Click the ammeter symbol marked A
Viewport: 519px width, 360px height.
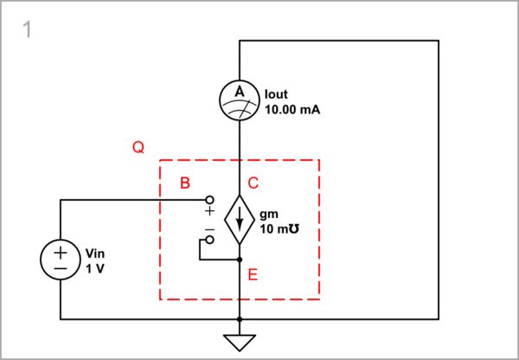pyautogui.click(x=240, y=100)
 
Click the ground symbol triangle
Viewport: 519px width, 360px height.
pyautogui.click(x=240, y=342)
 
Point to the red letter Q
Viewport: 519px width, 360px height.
pyautogui.click(x=138, y=148)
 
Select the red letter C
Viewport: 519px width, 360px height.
pyautogui.click(x=253, y=183)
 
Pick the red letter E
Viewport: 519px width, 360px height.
pyautogui.click(x=253, y=274)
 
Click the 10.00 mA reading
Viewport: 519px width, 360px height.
pyautogui.click(x=286, y=109)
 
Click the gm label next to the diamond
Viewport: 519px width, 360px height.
pyautogui.click(x=268, y=215)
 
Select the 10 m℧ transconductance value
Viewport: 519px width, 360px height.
pyautogui.click(x=279, y=231)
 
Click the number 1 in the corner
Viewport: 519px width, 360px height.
pyautogui.click(x=28, y=29)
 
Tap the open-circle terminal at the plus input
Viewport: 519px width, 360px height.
pyautogui.click(x=208, y=201)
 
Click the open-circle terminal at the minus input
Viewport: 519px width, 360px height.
pyautogui.click(x=208, y=238)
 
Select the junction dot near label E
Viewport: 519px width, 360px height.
pyautogui.click(x=240, y=259)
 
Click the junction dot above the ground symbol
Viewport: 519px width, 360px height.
pyautogui.click(x=240, y=319)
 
